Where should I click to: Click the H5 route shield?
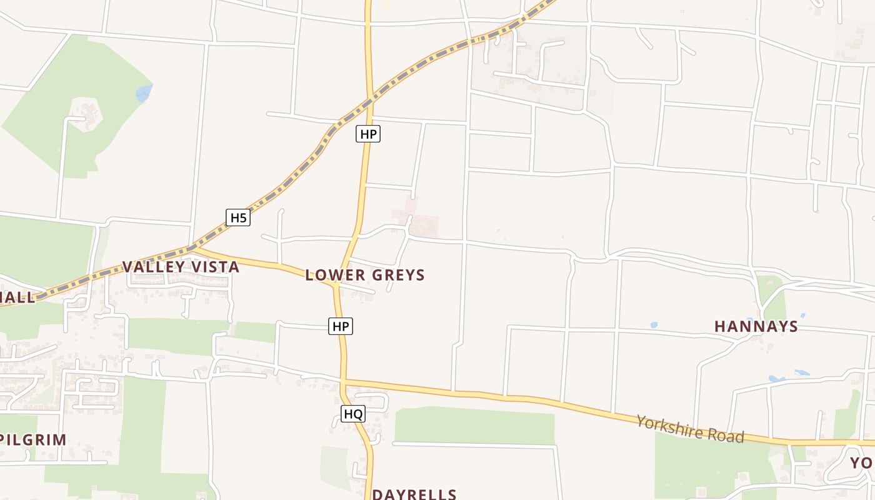(x=238, y=217)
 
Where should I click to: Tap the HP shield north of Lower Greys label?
(x=368, y=134)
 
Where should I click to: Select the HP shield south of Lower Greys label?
(x=341, y=326)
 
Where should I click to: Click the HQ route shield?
(x=353, y=414)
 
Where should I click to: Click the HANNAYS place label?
(x=756, y=326)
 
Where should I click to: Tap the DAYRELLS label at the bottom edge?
(x=414, y=494)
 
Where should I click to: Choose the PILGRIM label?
(x=34, y=439)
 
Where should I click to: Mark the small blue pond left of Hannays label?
(x=654, y=325)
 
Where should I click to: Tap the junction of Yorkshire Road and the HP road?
(x=343, y=380)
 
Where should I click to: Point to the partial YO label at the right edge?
(x=862, y=463)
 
